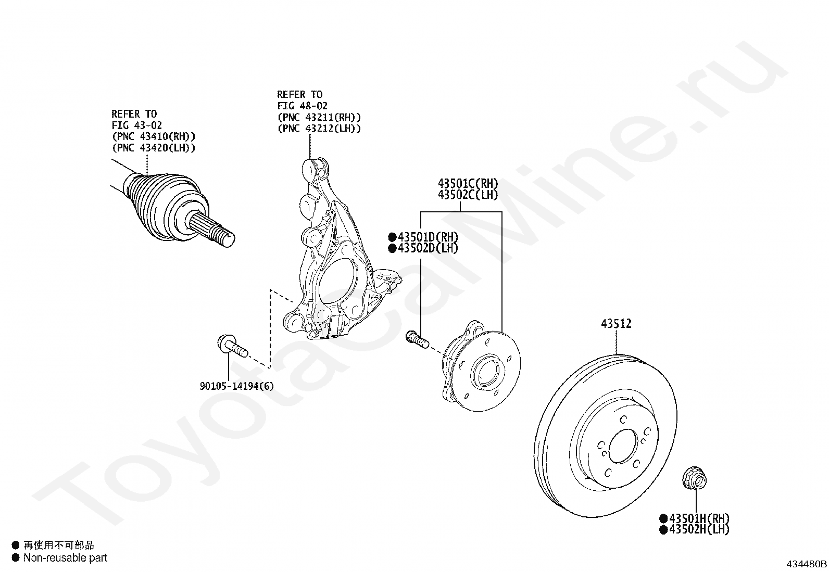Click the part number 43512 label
616,324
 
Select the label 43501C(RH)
468,184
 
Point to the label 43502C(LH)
468,195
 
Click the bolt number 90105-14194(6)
236,386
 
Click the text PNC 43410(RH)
154,137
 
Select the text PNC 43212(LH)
319,128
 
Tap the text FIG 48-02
302,106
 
